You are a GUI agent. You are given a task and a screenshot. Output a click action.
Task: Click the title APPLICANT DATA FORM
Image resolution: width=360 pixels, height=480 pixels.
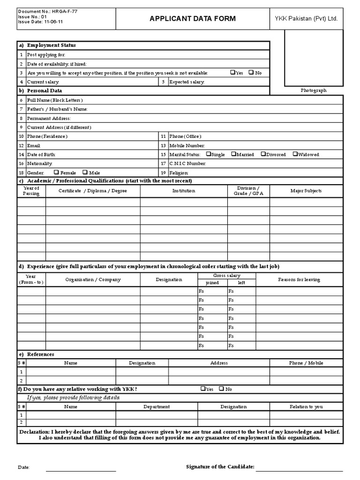(x=192, y=19)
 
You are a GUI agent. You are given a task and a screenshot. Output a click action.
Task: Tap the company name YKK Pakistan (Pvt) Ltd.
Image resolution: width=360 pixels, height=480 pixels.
(x=306, y=19)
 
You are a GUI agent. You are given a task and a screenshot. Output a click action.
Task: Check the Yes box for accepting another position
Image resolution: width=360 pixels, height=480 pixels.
(x=233, y=73)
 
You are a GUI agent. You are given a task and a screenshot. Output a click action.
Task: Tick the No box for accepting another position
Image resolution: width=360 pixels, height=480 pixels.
(x=251, y=73)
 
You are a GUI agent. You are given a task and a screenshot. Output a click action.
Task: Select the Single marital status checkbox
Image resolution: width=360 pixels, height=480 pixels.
(x=209, y=154)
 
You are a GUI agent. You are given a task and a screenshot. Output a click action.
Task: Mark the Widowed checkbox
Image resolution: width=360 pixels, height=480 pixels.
(x=295, y=154)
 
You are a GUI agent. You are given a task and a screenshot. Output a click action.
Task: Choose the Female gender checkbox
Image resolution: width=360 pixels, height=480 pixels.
(x=57, y=172)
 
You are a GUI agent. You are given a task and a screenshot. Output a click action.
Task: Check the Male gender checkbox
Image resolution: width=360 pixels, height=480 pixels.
(x=85, y=172)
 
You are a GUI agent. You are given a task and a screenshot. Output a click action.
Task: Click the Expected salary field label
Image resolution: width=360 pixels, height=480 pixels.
(x=187, y=82)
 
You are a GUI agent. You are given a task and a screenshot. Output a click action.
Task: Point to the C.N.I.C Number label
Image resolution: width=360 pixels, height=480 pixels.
(x=187, y=164)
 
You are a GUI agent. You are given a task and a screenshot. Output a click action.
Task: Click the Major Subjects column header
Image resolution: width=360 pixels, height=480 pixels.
(x=306, y=191)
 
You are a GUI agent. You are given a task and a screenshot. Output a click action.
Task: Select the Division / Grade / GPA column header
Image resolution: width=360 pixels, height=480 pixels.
(x=248, y=191)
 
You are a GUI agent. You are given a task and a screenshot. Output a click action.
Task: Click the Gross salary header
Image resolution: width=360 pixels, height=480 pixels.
(x=227, y=276)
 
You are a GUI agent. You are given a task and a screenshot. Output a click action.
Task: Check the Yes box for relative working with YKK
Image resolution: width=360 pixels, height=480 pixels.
(x=203, y=389)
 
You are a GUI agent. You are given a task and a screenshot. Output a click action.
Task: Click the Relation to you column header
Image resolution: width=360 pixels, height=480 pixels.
(x=306, y=407)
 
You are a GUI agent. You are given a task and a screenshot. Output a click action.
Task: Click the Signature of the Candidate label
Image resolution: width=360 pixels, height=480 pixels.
(x=220, y=467)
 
